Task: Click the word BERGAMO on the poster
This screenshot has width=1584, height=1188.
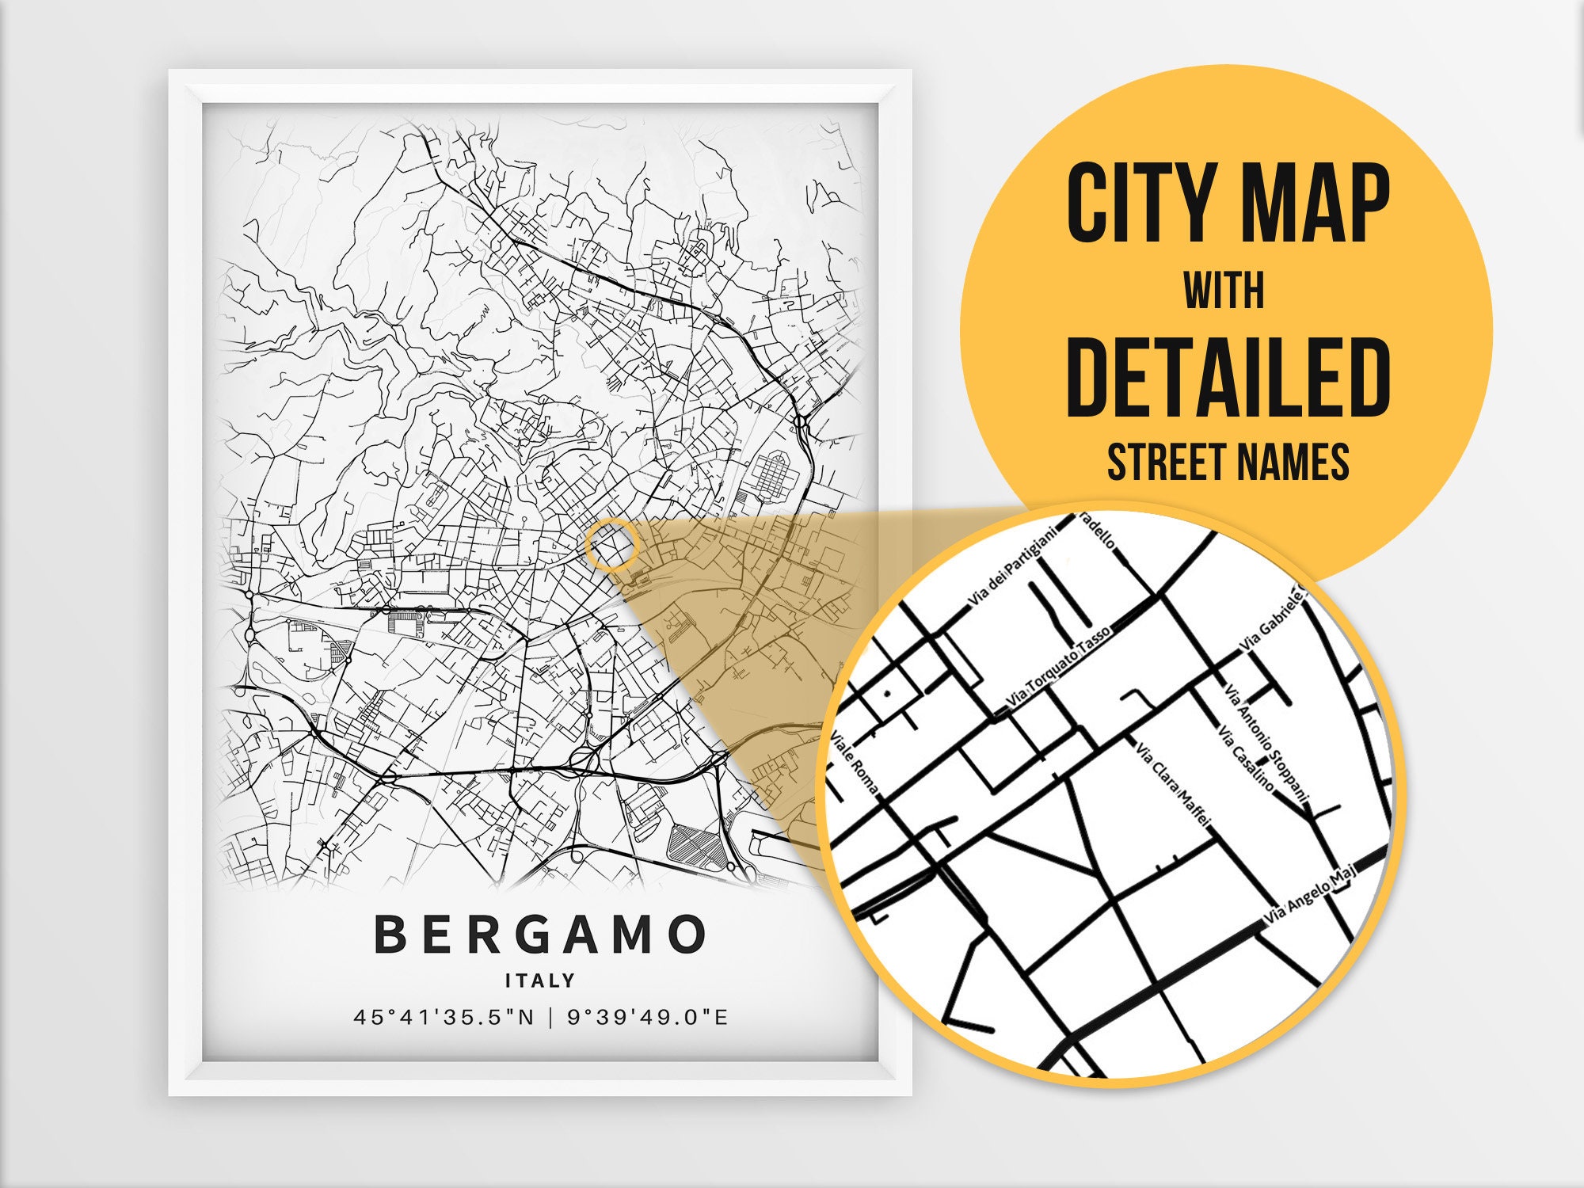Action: point(539,935)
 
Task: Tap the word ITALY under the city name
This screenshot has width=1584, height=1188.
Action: point(540,980)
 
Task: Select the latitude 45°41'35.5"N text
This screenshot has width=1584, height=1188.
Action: point(444,1017)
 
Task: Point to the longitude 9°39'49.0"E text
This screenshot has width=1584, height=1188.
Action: point(647,1017)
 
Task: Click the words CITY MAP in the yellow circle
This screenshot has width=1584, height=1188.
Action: point(1228,204)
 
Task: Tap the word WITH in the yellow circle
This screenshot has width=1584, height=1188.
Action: point(1224,291)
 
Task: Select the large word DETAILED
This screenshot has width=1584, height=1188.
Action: point(1228,377)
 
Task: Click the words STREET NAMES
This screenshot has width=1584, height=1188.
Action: point(1228,462)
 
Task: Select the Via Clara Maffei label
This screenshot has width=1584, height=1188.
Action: point(1172,784)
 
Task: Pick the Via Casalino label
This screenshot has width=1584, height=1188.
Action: point(1247,759)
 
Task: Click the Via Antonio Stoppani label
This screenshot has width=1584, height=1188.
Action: point(1267,741)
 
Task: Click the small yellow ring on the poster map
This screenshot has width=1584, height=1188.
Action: point(612,545)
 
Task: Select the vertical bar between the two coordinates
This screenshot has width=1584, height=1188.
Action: point(551,1017)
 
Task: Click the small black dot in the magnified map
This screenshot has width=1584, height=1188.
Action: point(888,693)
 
